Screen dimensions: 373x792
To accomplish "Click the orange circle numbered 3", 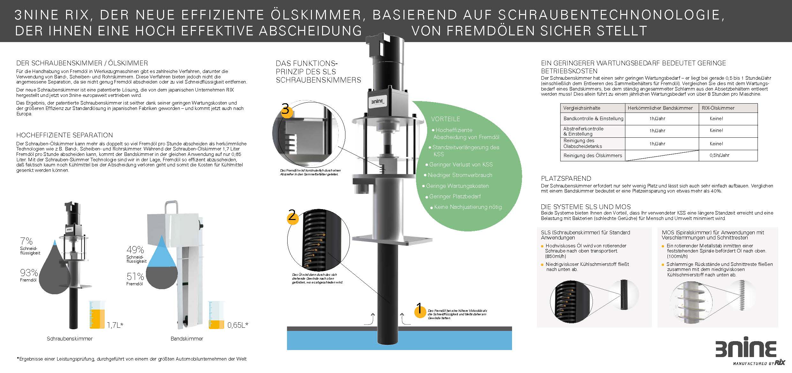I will (286, 110).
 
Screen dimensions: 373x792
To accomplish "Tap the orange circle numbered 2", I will (292, 217).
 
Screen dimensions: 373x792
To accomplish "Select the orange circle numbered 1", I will (420, 310).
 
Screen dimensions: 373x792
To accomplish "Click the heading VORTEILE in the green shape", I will (445, 119).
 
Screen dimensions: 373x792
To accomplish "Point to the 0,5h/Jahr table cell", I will (719, 156).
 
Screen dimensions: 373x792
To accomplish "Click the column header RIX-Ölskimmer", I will (718, 108).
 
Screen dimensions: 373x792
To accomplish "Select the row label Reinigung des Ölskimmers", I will (592, 156).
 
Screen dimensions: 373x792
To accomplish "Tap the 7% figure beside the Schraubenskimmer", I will (26, 241).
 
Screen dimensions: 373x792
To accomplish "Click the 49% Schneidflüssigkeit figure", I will (135, 250).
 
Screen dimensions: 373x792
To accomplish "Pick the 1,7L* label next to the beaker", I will (115, 325).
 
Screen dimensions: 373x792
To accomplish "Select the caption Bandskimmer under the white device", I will (187, 339).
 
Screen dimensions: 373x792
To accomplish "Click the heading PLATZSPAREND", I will (566, 179).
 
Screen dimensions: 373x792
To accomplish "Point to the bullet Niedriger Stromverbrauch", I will (460, 175).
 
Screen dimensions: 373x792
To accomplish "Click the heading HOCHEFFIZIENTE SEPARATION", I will (64, 135).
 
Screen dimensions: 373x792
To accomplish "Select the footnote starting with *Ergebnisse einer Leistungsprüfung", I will (132, 359).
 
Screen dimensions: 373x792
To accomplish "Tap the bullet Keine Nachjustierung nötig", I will (468, 207).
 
